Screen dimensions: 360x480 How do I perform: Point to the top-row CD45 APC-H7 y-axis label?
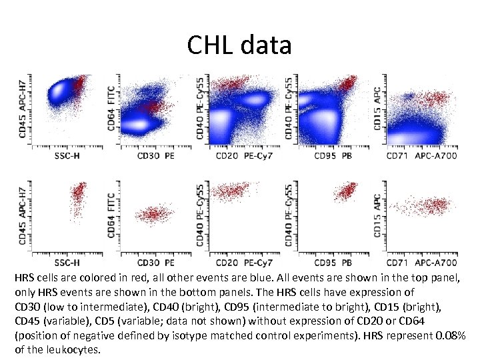click(25, 111)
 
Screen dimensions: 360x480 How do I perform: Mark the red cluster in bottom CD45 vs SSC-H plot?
click(78, 197)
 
